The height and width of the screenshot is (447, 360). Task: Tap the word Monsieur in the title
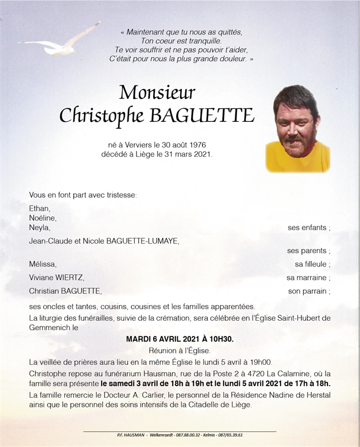tap(157, 92)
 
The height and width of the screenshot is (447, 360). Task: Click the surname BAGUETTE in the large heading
tap(201, 116)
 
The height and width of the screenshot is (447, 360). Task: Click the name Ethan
tap(39, 208)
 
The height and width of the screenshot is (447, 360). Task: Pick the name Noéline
tap(42, 218)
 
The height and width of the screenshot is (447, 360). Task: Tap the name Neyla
tap(40, 227)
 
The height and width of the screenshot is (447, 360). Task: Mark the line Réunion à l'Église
tap(179, 350)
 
